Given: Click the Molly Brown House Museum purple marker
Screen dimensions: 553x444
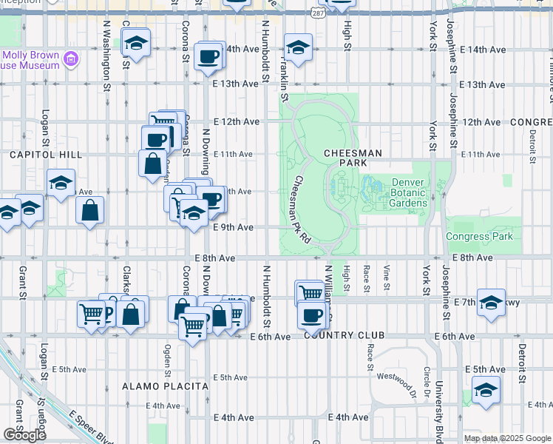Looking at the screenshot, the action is tap(71, 58).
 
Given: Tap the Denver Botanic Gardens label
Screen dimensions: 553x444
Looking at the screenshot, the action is tap(409, 192).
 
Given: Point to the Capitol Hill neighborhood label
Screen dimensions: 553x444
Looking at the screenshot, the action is tap(35, 155).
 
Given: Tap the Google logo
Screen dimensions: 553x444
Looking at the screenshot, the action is tap(24, 435).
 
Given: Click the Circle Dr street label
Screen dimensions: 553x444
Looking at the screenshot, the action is tap(427, 382).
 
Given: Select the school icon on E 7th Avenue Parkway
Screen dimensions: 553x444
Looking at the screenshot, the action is tap(491, 303).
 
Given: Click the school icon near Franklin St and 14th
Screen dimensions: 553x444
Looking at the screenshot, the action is tap(297, 50).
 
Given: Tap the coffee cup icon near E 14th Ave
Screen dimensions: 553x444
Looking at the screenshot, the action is tap(208, 55).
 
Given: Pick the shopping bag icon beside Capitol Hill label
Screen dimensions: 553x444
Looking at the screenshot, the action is tap(152, 164).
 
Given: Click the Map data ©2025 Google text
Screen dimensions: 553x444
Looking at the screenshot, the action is tap(506, 438).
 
